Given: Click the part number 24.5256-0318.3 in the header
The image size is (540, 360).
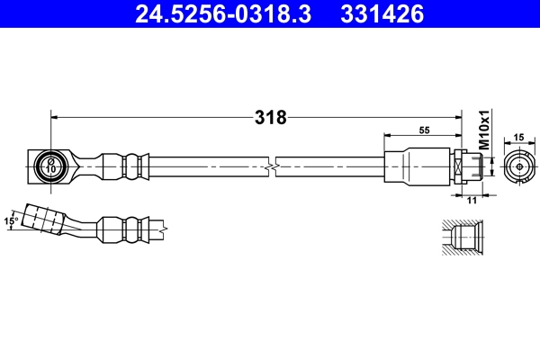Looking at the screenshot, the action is pos(223,14).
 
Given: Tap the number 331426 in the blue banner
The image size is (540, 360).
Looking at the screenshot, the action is pos(382,14).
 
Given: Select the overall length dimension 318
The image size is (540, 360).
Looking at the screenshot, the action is pos(271,118).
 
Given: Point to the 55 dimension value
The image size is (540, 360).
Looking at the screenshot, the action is pos(424,130).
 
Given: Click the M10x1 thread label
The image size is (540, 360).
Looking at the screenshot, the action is pos(484,130).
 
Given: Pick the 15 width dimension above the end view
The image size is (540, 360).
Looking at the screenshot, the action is pos(518,138).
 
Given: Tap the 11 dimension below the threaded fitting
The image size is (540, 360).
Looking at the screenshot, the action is pos(472,200).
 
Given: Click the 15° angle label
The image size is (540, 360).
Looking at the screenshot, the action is pos(11,221).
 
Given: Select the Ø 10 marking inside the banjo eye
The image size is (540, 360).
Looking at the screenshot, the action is pos(50,166).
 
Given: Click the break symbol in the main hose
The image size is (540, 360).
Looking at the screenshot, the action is pos(272,167).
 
